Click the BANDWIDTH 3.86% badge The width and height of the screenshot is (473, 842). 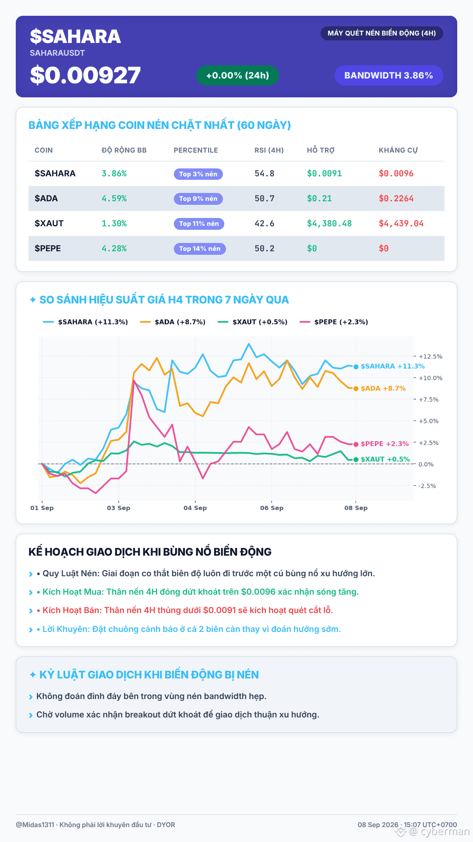click(x=388, y=75)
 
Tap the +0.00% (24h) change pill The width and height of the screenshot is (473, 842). click(x=237, y=75)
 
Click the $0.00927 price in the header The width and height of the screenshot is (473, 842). click(x=85, y=75)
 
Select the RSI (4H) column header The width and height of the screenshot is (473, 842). click(x=269, y=150)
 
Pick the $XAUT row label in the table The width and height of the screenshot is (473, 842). click(x=49, y=223)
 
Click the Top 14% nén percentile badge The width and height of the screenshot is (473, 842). click(x=200, y=249)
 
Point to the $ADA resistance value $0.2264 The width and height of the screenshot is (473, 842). click(x=396, y=199)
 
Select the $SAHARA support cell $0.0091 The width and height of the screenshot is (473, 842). click(x=324, y=174)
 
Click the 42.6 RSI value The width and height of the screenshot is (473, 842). click(x=265, y=224)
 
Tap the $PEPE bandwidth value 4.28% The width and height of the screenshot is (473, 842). click(x=114, y=249)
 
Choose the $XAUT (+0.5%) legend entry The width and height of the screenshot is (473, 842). click(x=253, y=322)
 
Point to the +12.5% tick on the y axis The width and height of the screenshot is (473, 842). click(x=431, y=357)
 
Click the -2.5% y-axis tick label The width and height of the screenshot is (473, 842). click(x=427, y=486)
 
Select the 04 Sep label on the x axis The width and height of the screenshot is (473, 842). click(x=195, y=508)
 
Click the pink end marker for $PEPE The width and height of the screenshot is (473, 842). click(x=356, y=444)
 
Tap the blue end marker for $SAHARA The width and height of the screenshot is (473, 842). click(x=356, y=367)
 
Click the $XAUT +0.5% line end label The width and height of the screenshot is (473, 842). click(x=385, y=459)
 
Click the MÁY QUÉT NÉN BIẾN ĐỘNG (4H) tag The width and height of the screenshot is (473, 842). click(x=382, y=33)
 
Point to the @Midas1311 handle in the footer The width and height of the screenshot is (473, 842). click(x=35, y=825)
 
